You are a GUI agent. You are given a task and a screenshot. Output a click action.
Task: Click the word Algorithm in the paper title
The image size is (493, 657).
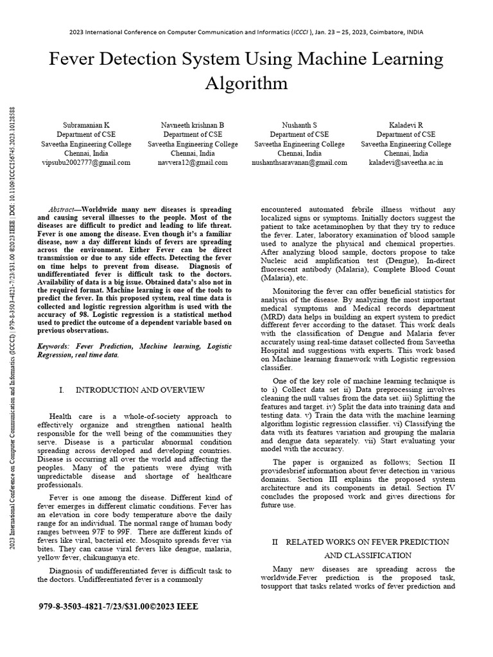click(246, 83)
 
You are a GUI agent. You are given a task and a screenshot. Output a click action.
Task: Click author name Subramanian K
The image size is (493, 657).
click(86, 124)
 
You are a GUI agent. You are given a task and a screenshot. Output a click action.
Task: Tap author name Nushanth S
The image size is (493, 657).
click(299, 124)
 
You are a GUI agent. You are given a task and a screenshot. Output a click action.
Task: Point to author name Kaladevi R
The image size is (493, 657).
click(406, 124)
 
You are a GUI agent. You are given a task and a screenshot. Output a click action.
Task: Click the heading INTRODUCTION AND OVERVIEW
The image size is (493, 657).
click(140, 390)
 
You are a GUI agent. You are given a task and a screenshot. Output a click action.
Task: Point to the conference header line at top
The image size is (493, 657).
click(246, 32)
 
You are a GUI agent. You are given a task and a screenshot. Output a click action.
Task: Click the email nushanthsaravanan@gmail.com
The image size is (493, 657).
click(299, 163)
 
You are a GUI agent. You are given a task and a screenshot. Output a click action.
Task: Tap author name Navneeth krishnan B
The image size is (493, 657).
click(193, 124)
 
